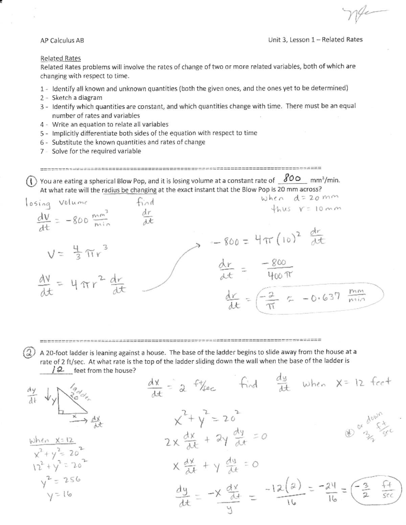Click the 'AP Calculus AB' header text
62,41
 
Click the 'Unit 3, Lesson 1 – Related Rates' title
315,40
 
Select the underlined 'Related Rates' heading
61,58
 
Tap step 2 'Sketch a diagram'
77,98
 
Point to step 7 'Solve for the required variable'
96,151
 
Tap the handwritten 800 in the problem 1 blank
293,178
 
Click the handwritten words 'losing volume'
56,203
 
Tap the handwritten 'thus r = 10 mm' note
306,209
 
